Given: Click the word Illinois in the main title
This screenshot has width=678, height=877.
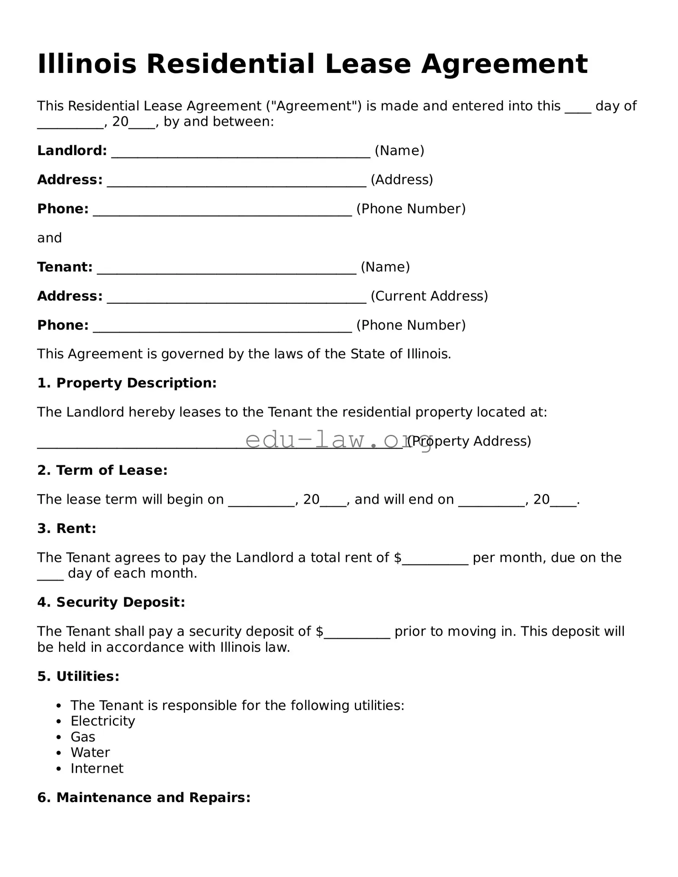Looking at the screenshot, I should (x=87, y=64).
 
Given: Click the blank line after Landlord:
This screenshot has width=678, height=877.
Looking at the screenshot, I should (x=240, y=153).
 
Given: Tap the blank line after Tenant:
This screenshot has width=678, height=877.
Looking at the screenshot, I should (x=227, y=270).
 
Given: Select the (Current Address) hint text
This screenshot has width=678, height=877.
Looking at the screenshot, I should (x=429, y=296).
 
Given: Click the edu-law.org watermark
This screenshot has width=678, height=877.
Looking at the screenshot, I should (x=338, y=440).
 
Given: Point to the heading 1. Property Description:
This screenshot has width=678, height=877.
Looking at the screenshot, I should (x=127, y=383).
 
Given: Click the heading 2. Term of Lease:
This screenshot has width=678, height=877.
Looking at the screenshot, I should (x=102, y=470).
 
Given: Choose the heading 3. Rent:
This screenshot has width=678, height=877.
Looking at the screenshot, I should (x=67, y=528).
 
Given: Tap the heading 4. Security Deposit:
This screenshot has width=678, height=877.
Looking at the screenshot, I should (x=111, y=602).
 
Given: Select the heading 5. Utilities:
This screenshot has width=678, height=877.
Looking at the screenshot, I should (x=78, y=676).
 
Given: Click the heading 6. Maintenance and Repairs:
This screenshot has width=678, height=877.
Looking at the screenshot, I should (x=144, y=797).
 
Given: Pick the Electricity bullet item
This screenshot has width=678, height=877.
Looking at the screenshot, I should (x=103, y=721).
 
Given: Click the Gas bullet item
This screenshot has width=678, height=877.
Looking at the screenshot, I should (x=83, y=737).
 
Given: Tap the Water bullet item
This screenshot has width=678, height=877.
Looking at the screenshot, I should (x=90, y=752).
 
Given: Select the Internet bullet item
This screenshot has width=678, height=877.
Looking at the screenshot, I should (x=97, y=768).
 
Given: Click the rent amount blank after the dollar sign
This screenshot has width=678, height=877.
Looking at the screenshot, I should (x=435, y=560).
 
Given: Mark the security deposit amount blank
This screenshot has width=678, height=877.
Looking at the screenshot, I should (x=357, y=634).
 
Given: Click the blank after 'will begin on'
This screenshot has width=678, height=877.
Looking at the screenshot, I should (x=261, y=502).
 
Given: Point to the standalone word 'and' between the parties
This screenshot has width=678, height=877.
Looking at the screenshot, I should (x=50, y=238).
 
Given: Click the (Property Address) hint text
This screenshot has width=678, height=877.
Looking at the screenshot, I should (x=469, y=441).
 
